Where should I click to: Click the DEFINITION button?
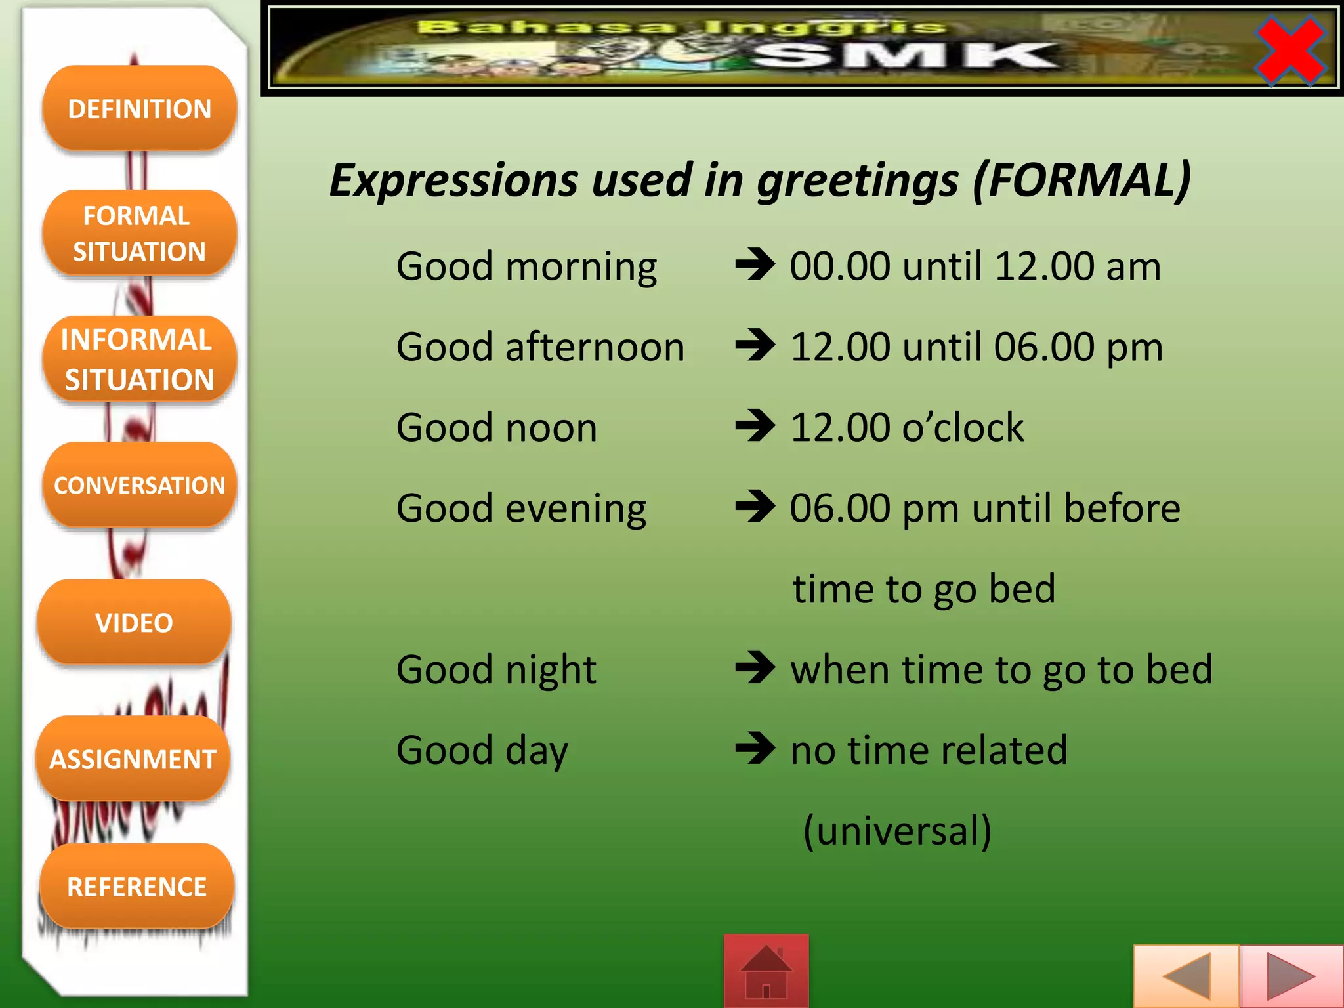pos(139,108)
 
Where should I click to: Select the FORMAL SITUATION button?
pos(139,234)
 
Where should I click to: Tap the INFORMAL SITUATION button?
pos(139,359)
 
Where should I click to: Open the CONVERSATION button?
pos(139,485)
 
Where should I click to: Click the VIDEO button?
pos(135,622)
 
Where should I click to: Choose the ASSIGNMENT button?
pos(133,759)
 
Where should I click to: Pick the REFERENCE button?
pos(136,886)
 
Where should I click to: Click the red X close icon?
pos(1290,51)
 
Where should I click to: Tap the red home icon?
pos(766,971)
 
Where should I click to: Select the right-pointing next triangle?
pos(1290,976)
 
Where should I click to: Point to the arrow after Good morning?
pos(755,266)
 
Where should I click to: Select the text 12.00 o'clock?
pos(907,427)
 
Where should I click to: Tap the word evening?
pos(576,509)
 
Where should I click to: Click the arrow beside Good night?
pos(755,669)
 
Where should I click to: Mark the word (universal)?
pos(897,830)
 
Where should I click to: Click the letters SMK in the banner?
pos(906,56)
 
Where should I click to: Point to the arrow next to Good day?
pos(755,749)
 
